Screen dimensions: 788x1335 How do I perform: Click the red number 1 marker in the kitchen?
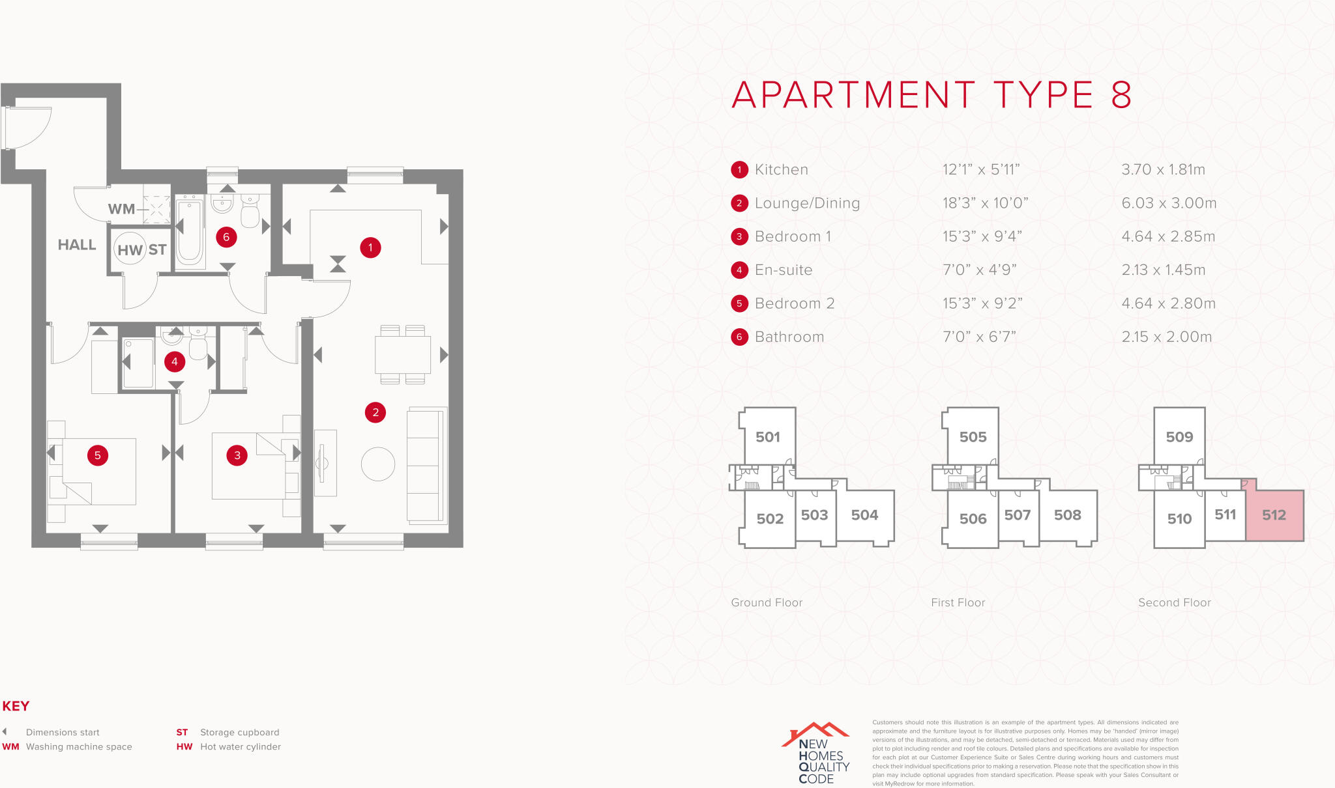point(370,247)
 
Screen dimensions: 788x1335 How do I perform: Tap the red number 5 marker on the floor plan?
point(98,455)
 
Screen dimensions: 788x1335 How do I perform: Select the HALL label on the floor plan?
point(77,245)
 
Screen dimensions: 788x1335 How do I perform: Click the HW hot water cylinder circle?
point(130,249)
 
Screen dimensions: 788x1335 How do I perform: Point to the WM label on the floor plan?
point(121,209)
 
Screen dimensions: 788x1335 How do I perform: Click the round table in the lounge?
point(378,464)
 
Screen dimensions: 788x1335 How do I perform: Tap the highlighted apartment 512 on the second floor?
point(1274,515)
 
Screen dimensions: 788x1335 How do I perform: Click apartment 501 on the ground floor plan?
point(768,437)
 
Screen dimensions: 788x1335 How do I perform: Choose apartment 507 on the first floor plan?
point(1018,515)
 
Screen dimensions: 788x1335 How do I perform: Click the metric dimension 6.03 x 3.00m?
point(1169,203)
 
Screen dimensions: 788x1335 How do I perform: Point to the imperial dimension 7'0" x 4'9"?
point(979,270)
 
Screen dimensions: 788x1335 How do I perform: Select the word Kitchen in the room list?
point(781,170)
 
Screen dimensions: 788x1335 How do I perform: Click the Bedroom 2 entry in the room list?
point(794,303)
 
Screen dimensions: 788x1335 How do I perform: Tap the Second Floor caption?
point(1174,603)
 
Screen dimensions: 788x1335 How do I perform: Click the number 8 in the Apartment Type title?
point(1121,96)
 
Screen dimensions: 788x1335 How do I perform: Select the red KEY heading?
point(16,706)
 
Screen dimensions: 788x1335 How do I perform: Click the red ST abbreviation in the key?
point(182,733)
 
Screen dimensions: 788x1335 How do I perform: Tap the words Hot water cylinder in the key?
point(241,747)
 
